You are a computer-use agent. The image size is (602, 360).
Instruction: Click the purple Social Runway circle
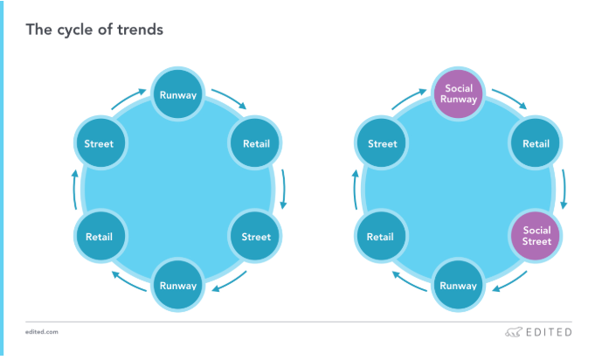tap(459, 94)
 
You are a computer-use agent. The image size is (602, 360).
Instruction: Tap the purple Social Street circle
tap(536, 236)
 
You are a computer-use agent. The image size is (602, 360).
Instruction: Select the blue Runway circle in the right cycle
tap(459, 285)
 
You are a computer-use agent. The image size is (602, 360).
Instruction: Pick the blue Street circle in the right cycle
tap(382, 142)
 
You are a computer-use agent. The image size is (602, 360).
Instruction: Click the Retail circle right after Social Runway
tap(536, 142)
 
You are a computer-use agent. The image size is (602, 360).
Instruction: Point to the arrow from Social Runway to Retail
tap(510, 98)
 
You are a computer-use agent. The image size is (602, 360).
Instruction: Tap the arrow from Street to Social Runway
tap(408, 98)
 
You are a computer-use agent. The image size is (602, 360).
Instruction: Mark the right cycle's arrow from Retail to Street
tap(355, 190)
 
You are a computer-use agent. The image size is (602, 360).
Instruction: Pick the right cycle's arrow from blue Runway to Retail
tap(409, 281)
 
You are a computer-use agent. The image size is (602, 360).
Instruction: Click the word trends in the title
tap(140, 30)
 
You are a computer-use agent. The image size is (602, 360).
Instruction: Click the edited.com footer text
tap(42, 332)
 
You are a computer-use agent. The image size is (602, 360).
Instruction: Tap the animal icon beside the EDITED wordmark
tap(514, 332)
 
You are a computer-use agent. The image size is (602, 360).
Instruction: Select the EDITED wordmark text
tap(549, 332)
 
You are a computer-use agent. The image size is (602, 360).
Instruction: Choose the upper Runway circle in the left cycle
tap(178, 94)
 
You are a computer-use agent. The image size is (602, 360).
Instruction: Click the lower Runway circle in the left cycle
tap(178, 285)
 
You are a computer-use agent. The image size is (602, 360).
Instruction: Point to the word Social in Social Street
tap(536, 230)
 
